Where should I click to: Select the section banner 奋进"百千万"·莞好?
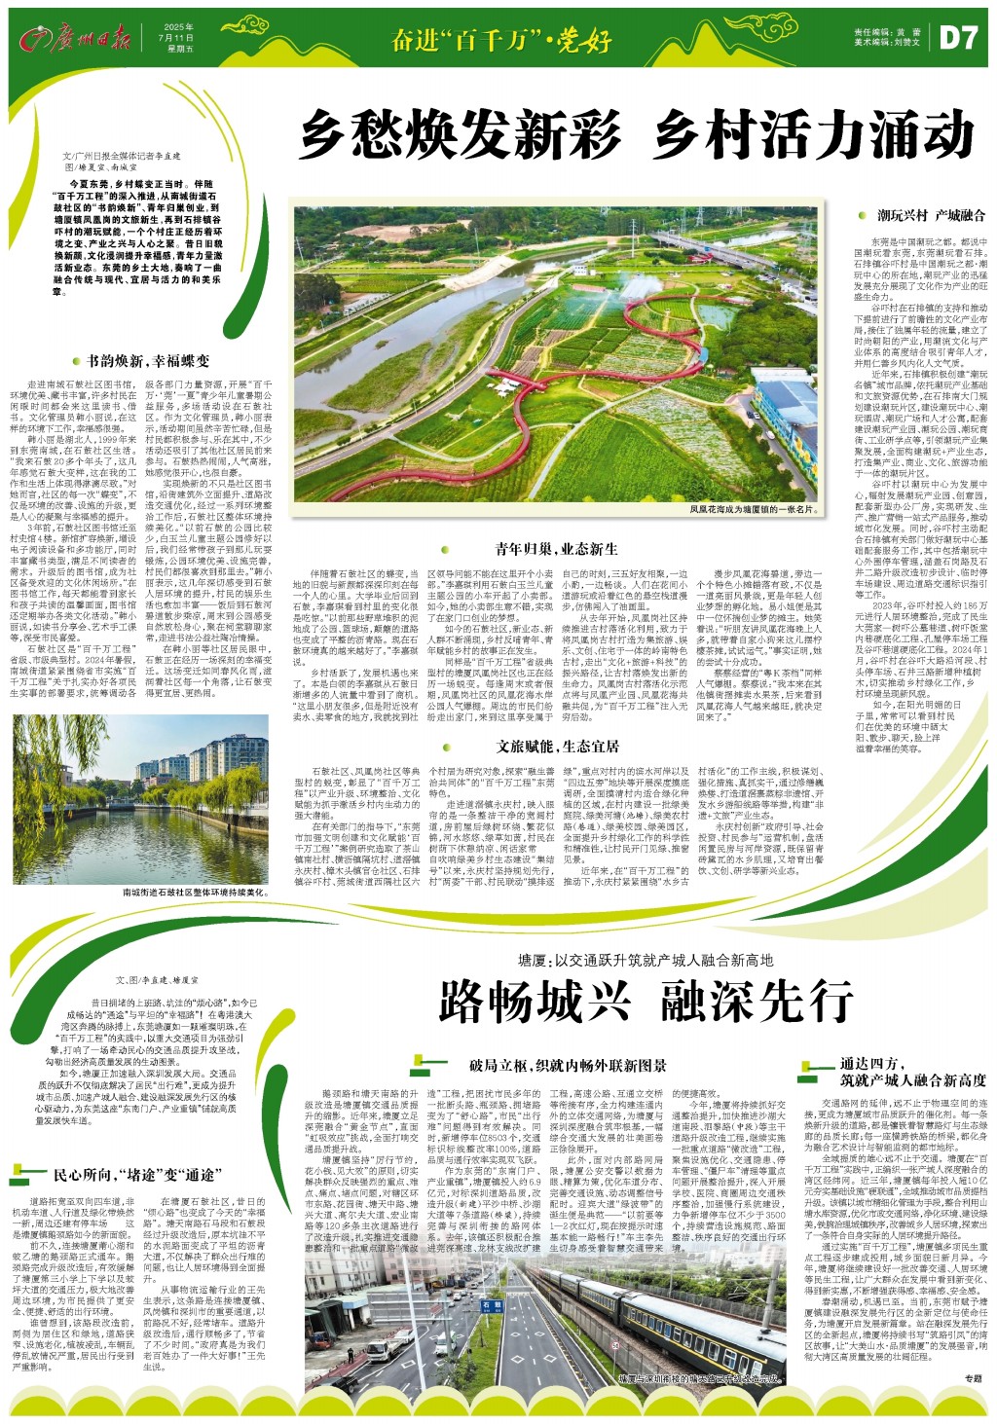pos(500,40)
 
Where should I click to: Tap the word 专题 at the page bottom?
pos(972,1406)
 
